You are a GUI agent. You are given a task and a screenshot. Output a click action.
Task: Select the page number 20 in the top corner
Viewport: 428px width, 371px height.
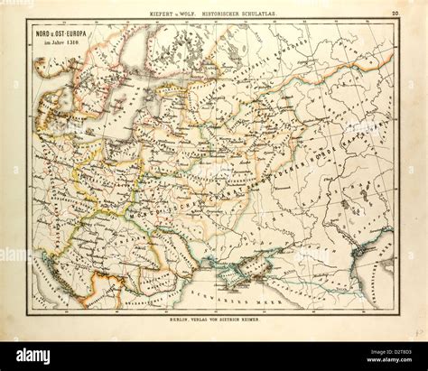395,13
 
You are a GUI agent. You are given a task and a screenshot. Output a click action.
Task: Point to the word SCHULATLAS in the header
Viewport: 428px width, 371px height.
271,13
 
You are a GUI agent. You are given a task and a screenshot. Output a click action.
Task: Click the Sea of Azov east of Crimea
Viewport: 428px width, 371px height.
298,253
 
